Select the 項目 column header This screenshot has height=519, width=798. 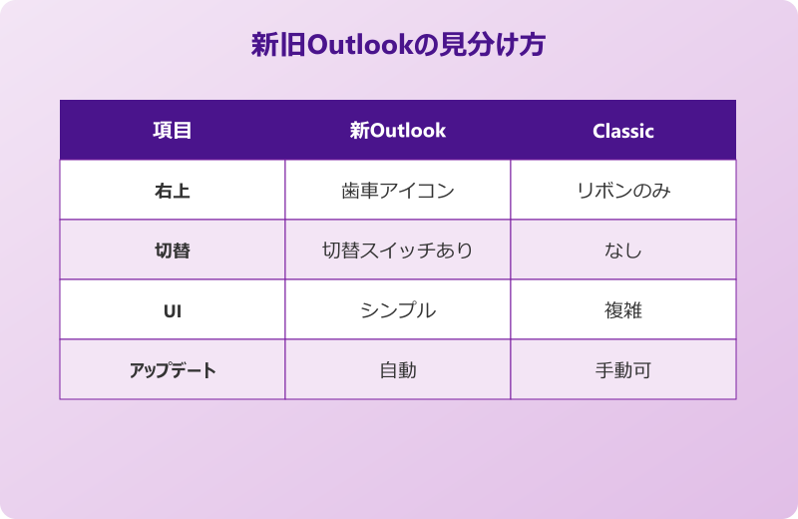pos(172,131)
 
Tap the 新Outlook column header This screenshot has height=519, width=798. pos(398,131)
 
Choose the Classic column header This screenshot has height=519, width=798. pos(622,131)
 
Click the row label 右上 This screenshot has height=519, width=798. pos(172,191)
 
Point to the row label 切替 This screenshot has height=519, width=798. pos(172,251)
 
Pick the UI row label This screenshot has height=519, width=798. pos(172,310)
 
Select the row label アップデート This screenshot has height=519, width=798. pos(172,370)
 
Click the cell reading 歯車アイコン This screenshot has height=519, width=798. pos(398,191)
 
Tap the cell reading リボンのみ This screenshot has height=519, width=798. pos(622,191)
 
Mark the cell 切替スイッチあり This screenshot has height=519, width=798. pos(398,251)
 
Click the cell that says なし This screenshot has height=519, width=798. pos(622,251)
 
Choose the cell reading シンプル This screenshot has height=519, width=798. pos(398,310)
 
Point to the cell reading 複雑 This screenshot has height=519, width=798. pos(622,310)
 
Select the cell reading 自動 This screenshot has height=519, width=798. pos(398,370)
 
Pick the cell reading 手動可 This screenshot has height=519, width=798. pos(622,370)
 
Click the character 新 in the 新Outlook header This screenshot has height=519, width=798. pos(359,131)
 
